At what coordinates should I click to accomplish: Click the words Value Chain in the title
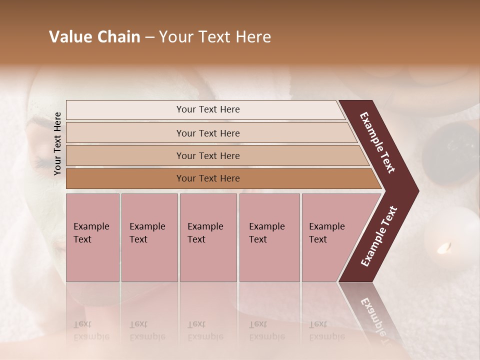(x=94, y=37)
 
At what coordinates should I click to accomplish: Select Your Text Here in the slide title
(x=215, y=37)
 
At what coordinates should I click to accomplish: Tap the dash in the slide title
(x=149, y=37)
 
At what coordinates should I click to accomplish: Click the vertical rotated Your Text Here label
(x=58, y=144)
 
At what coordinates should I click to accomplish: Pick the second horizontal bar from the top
(x=208, y=133)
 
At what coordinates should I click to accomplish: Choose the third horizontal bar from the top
(x=208, y=155)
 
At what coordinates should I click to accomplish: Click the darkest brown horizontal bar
(x=208, y=178)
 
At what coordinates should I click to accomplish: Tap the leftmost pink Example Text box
(x=92, y=237)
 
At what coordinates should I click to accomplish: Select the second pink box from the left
(x=149, y=237)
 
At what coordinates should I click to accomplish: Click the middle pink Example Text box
(x=208, y=237)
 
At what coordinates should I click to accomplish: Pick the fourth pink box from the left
(x=269, y=237)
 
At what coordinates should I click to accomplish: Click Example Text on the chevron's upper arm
(x=377, y=142)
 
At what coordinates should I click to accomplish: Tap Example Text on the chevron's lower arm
(x=378, y=236)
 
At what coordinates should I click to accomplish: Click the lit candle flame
(x=444, y=246)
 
